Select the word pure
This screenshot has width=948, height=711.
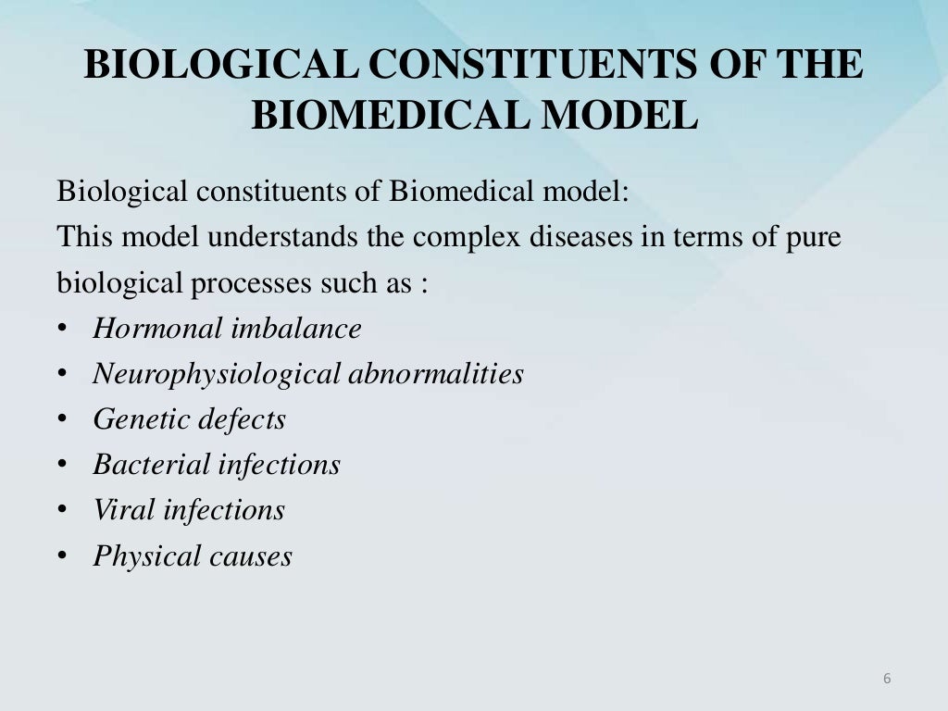pyautogui.click(x=814, y=237)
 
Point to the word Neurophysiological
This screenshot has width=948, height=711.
pyautogui.click(x=217, y=374)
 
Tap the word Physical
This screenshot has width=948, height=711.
pyautogui.click(x=147, y=555)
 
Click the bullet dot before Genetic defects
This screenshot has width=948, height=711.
pyautogui.click(x=62, y=420)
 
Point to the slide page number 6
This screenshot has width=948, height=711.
pyautogui.click(x=887, y=680)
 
